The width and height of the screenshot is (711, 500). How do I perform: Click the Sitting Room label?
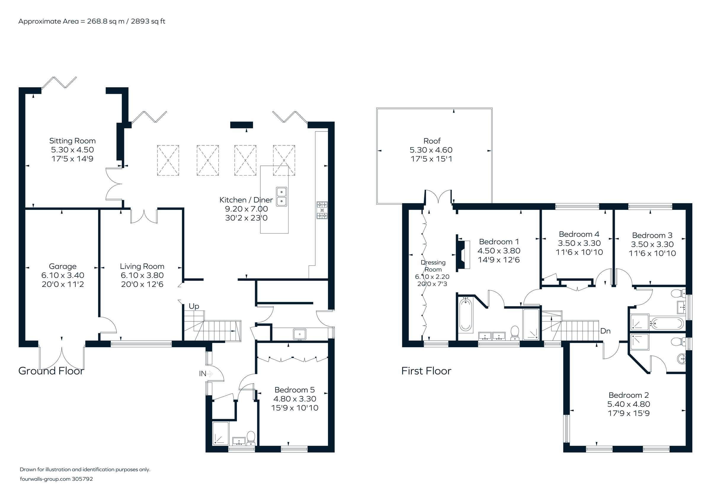72,141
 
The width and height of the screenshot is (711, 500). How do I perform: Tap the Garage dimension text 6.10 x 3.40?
63,275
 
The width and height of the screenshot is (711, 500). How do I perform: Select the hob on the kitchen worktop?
322,210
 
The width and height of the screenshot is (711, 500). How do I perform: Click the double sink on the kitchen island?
281,197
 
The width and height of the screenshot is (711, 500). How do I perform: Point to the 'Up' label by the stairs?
194,306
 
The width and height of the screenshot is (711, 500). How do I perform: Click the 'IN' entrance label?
203,374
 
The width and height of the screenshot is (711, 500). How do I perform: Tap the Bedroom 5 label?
294,390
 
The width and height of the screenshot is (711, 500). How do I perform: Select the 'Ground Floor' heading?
51,371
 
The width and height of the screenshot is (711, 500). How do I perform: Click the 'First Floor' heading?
426,371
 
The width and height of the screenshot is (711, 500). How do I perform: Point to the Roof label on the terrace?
432,141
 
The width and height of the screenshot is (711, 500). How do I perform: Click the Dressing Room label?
433,266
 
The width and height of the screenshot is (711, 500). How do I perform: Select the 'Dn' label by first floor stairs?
605,331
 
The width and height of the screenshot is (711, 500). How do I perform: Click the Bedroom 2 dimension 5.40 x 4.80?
628,404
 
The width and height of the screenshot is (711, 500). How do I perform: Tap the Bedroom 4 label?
579,234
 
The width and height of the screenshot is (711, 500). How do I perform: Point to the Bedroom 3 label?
652,235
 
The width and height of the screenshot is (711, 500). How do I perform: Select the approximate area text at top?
92,21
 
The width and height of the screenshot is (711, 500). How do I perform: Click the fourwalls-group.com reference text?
56,479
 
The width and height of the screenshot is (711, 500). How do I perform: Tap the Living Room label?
142,266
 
